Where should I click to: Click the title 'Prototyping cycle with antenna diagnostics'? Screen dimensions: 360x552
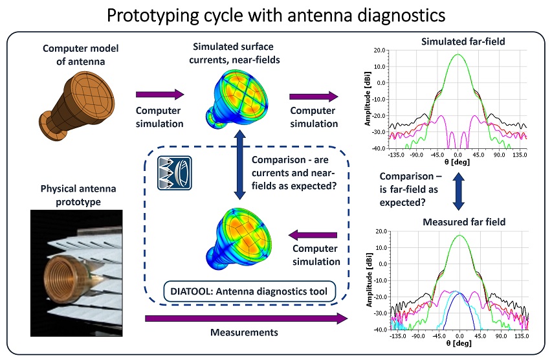(x=276, y=14)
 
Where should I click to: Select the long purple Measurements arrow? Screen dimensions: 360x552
(x=243, y=318)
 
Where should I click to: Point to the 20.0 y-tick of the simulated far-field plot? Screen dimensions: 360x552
(x=379, y=50)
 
